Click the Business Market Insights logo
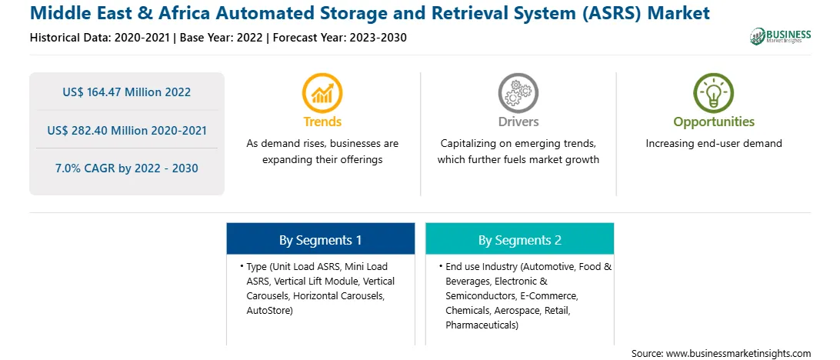781,36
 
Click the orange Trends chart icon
322,93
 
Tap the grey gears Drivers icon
518,93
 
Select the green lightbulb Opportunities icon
714,93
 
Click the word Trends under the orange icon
322,122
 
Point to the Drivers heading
518,122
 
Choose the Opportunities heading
714,122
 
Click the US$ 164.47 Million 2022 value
126,92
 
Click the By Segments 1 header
320,240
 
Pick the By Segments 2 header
520,240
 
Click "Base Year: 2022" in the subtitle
222,38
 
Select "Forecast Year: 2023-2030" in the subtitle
338,38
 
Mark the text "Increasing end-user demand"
714,144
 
